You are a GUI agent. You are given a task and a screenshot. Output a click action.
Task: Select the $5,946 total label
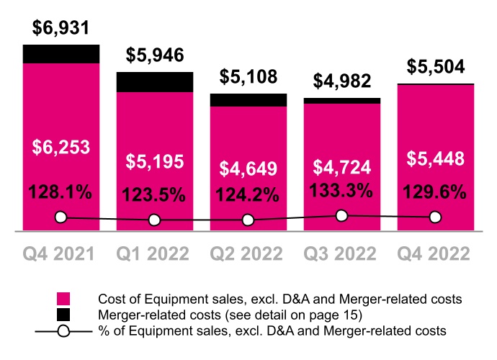[x=155, y=55]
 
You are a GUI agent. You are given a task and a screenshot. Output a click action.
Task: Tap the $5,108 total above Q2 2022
[x=248, y=76]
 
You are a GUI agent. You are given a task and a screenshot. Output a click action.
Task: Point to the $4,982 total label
[x=341, y=81]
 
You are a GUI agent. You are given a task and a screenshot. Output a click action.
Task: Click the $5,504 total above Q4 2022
[x=435, y=66]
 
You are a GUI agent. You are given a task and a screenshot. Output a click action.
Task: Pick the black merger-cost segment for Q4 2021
[x=61, y=54]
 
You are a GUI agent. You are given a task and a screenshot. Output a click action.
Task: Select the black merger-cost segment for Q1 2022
[x=155, y=82]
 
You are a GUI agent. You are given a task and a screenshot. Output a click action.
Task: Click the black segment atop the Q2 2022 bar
[x=248, y=100]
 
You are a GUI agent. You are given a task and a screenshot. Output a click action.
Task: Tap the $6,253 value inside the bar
[x=61, y=148]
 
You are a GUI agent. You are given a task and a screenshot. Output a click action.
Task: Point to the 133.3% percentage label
[x=341, y=192]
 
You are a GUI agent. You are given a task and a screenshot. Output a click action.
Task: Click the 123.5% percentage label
[x=155, y=194]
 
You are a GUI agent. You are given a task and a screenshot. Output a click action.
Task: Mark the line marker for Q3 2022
[x=341, y=215]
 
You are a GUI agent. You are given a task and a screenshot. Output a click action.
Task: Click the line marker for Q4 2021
[x=61, y=217]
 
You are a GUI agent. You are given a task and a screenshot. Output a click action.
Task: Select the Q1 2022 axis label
[x=155, y=254]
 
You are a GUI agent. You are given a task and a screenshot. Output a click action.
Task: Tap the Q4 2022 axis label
[x=435, y=254]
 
